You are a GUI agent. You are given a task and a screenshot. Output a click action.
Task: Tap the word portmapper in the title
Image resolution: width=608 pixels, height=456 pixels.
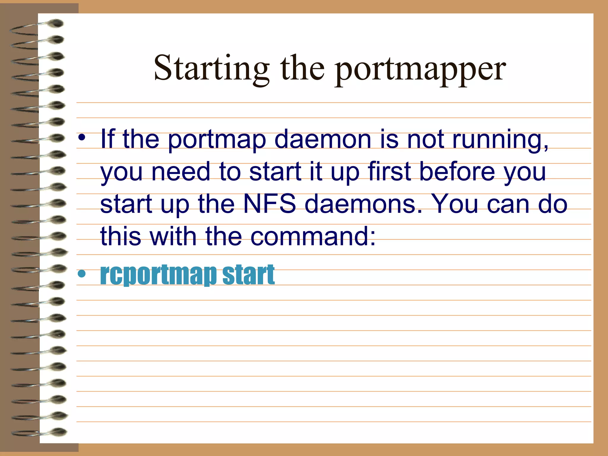point(420,70)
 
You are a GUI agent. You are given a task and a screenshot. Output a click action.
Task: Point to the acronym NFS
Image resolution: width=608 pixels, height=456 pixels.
point(270,204)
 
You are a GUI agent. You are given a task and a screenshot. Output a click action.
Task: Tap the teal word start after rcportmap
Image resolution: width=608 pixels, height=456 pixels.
point(248,274)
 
